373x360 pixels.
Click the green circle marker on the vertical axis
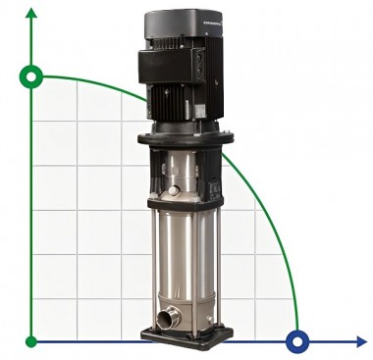click(x=32, y=77)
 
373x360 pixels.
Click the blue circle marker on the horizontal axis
click(x=295, y=341)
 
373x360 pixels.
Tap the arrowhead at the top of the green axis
click(x=32, y=12)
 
